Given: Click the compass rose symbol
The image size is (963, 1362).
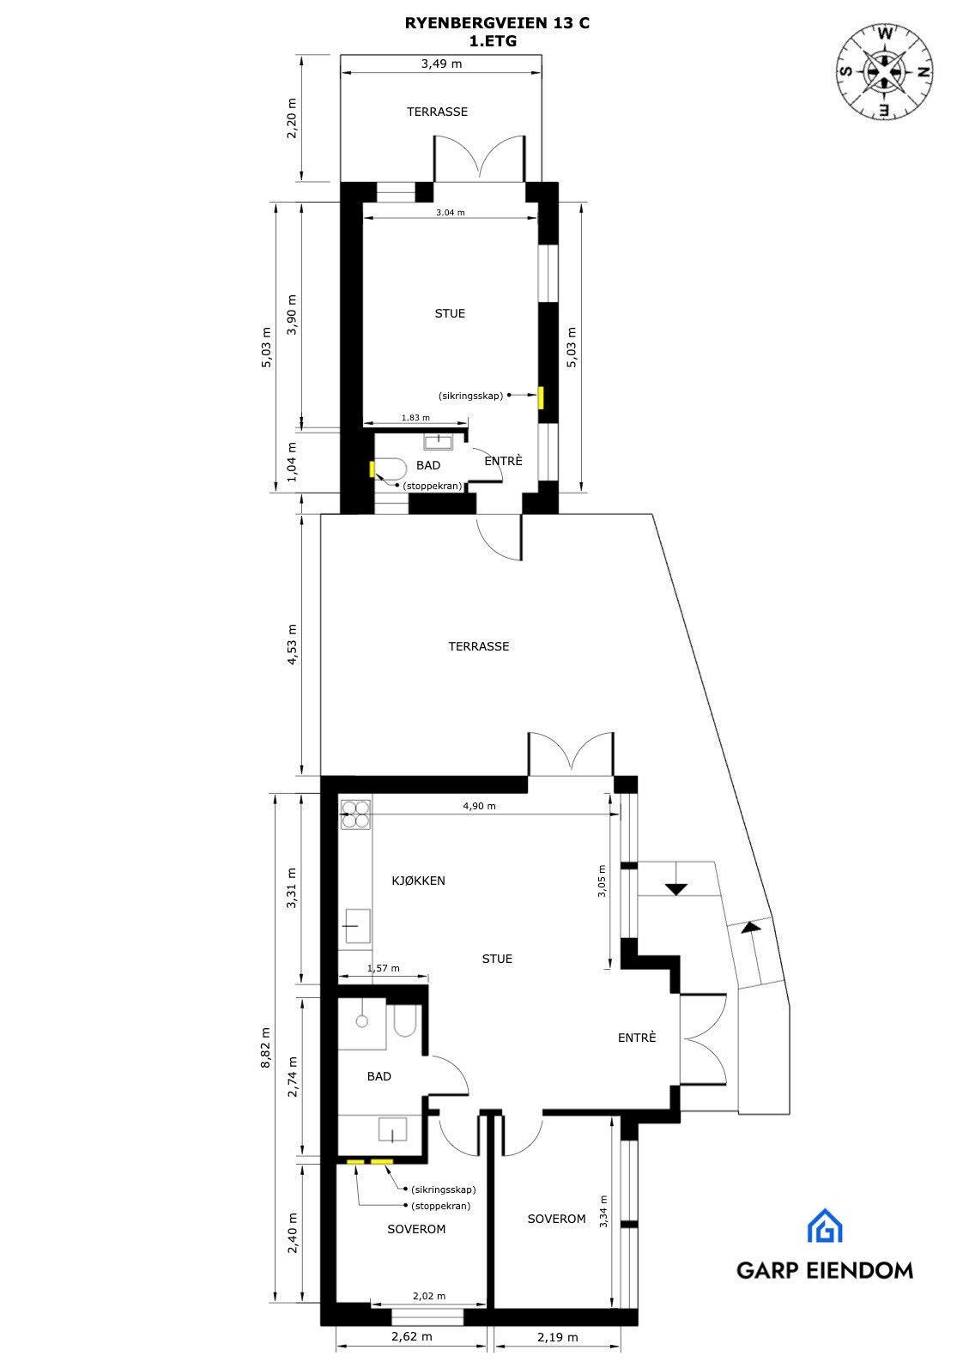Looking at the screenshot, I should (x=885, y=70).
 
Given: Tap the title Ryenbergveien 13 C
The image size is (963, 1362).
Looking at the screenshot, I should (x=497, y=24).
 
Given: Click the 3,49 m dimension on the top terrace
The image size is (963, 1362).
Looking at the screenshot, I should (x=441, y=64).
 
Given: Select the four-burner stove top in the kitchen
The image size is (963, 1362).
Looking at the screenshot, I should (x=355, y=814).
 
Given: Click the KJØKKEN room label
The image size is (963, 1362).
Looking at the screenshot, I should (x=418, y=881).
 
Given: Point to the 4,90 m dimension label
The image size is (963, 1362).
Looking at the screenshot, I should (x=479, y=806).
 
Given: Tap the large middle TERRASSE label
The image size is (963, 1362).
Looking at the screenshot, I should (x=478, y=646).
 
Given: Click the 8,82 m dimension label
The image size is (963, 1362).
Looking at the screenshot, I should (x=266, y=1047).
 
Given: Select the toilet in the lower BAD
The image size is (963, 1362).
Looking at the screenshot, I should (x=404, y=1020).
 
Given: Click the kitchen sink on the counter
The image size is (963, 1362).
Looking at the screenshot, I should (x=356, y=926).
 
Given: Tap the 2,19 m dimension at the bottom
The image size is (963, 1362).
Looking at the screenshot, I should (x=557, y=1337).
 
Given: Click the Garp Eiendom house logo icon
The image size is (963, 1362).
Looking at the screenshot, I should (x=824, y=1226).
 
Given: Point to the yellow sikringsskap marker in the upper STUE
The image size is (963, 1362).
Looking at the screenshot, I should (x=541, y=398).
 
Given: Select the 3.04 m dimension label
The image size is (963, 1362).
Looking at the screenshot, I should (x=450, y=212).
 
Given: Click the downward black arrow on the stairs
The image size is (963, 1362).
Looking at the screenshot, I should (x=676, y=889).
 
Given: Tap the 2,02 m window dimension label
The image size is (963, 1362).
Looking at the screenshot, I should (x=429, y=1296).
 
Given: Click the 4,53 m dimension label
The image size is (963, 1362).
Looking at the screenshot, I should (x=292, y=644).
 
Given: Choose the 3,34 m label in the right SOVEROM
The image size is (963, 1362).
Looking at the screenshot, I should (x=604, y=1212).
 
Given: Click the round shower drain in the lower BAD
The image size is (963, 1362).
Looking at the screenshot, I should (x=362, y=1021).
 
